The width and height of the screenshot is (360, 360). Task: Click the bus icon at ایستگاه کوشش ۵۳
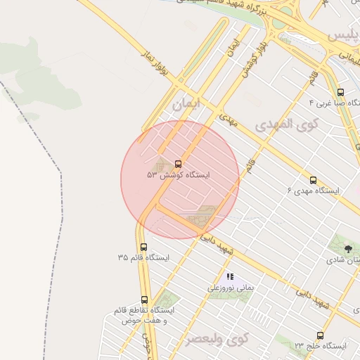178,164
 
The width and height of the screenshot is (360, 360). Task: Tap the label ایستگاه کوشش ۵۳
178,174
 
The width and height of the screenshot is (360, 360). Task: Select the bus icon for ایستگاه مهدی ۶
313,180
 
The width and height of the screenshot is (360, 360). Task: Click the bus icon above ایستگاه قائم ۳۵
144,247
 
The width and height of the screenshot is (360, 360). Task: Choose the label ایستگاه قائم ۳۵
144,258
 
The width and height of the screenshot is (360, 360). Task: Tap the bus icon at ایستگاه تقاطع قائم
144,300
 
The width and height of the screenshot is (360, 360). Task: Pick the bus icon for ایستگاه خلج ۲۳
321,335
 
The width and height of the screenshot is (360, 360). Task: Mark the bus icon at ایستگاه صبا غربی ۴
340,92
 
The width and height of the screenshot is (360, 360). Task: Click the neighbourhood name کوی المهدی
287,125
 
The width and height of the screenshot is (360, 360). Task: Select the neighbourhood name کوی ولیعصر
218,338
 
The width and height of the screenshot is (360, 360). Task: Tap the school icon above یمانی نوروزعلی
230,277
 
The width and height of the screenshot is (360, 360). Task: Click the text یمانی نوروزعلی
230,288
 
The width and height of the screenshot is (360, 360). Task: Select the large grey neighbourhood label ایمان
186,103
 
